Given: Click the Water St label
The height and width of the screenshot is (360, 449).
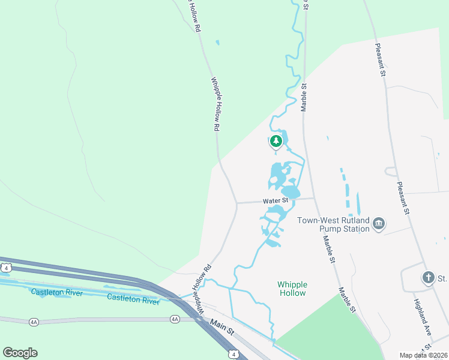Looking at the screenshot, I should click(276, 201).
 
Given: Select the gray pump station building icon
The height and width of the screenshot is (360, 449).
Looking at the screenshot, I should click(379, 224).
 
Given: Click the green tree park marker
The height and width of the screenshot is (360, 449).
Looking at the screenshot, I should click(276, 142).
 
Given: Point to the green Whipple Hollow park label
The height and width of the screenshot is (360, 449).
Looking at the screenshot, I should click(292, 289).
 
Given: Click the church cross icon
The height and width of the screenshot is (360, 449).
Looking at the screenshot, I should click(428, 277).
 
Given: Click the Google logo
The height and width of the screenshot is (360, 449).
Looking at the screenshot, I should click(20, 353).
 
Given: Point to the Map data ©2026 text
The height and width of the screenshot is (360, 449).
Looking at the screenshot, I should click(423, 355).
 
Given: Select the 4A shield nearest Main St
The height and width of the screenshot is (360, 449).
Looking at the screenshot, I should click(175, 319).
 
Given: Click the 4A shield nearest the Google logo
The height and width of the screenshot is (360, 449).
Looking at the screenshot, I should click(34, 322).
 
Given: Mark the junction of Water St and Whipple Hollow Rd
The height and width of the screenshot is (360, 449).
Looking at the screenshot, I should click(237, 203).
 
